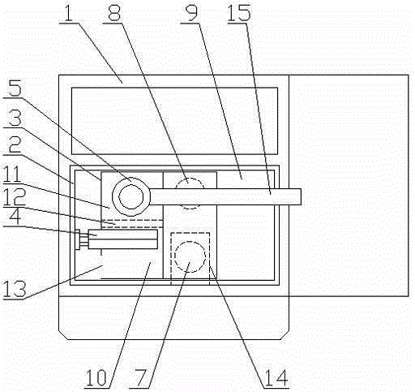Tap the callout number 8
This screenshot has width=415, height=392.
[x=114, y=12]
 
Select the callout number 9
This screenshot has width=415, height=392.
[x=192, y=12]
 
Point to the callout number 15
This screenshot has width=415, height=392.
[x=239, y=12]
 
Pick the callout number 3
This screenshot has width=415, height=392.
[x=15, y=117]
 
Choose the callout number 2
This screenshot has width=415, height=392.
[x=15, y=144]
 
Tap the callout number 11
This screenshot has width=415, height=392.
[x=13, y=174]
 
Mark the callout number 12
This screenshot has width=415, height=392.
[x=15, y=196]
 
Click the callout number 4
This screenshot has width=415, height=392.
[x=15, y=216]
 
